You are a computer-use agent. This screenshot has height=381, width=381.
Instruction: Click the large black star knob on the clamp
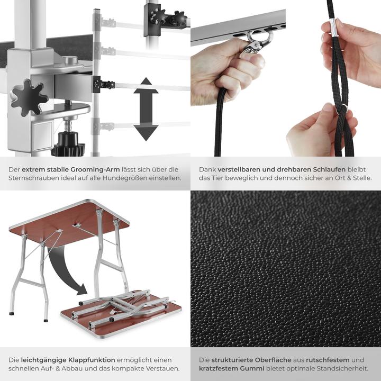28,97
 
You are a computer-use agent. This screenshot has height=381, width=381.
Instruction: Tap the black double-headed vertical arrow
146,109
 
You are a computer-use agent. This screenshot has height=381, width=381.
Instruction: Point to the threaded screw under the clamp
68,126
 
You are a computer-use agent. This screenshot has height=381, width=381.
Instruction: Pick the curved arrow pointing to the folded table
63,270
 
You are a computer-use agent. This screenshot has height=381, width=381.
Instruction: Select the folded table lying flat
122,312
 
